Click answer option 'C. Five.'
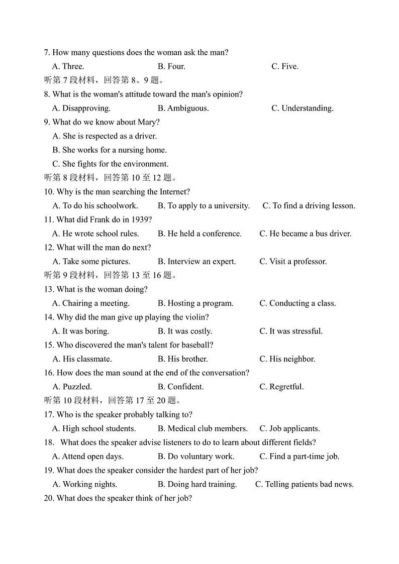(x=284, y=66)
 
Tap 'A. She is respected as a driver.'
(x=105, y=136)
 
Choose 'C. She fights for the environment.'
(x=110, y=164)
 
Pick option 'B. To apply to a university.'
(x=204, y=205)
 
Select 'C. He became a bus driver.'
(x=305, y=234)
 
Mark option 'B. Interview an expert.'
(x=196, y=261)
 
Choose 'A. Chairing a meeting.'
(x=91, y=303)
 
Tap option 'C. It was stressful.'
(x=291, y=331)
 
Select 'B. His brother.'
(x=182, y=359)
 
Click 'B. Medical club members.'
(x=203, y=428)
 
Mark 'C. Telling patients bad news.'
(x=304, y=484)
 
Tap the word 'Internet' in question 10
(x=174, y=192)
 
